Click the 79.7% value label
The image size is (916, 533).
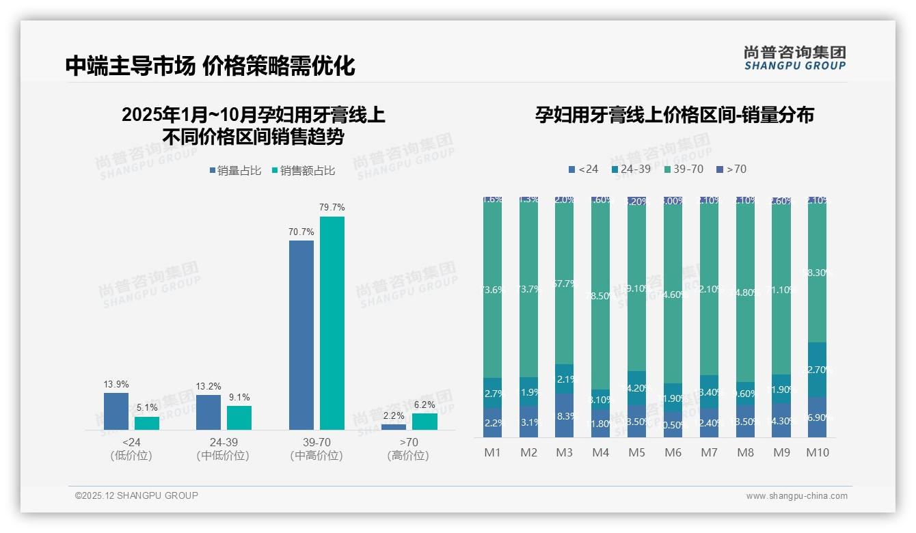[x=332, y=207]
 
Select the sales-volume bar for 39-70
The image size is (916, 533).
[x=301, y=335]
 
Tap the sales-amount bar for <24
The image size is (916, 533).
[x=146, y=423]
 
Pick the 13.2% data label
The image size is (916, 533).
[x=208, y=386]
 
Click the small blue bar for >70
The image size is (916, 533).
[x=394, y=426]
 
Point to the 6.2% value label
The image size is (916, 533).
[x=425, y=405]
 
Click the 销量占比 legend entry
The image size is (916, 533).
[x=235, y=171]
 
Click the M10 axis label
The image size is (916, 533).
[x=817, y=452]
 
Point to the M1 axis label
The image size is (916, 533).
[x=492, y=452]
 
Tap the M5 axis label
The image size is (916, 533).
[x=636, y=452]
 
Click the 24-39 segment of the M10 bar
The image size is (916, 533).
[x=817, y=370]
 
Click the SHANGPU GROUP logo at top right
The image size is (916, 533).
[x=794, y=58]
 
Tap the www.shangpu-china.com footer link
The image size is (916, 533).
[x=796, y=496]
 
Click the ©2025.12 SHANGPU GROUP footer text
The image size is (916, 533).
[x=137, y=495]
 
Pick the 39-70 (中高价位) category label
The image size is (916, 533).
[x=316, y=449]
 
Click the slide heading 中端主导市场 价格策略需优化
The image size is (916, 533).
[x=211, y=66]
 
